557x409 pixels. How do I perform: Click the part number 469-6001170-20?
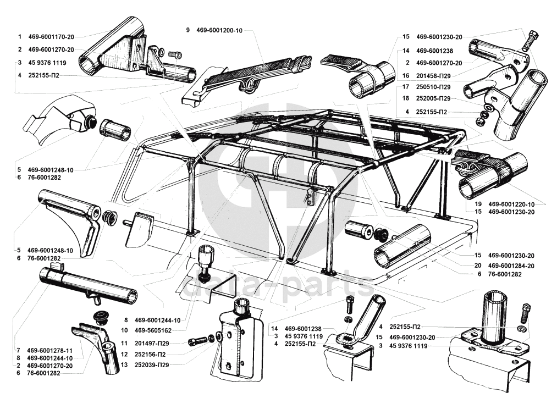pyautogui.click(x=51, y=37)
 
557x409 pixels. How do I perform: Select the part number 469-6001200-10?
pyautogui.click(x=219, y=31)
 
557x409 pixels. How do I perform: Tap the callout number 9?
pyautogui.click(x=188, y=30)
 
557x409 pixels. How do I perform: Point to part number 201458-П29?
pyautogui.click(x=433, y=76)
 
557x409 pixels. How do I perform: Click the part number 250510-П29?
pyautogui.click(x=433, y=87)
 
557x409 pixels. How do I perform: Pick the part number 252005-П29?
pyautogui.click(x=433, y=98)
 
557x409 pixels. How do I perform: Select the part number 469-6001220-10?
pyautogui.click(x=511, y=204)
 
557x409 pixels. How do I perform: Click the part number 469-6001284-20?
pyautogui.click(x=511, y=266)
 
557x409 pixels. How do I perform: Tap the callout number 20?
pyautogui.click(x=478, y=266)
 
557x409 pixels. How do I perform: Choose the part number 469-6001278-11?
pyautogui.click(x=49, y=351)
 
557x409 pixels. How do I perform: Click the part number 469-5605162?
pyautogui.click(x=153, y=330)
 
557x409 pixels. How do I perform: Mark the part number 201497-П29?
pyautogui.click(x=152, y=344)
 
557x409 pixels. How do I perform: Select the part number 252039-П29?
pyautogui.click(x=152, y=364)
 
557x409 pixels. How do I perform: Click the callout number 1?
pyautogui.click(x=20, y=37)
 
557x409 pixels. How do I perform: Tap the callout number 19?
pyautogui.click(x=478, y=204)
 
